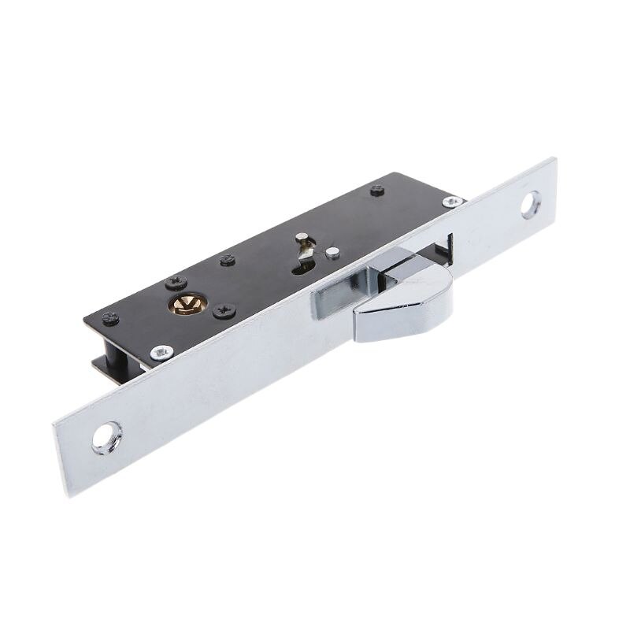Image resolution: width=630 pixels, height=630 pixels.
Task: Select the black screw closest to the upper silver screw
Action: tap(378, 189)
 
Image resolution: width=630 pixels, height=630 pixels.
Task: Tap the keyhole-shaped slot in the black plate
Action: tap(302, 264)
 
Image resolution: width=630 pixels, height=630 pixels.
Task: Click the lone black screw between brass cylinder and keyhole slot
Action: tap(228, 261)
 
